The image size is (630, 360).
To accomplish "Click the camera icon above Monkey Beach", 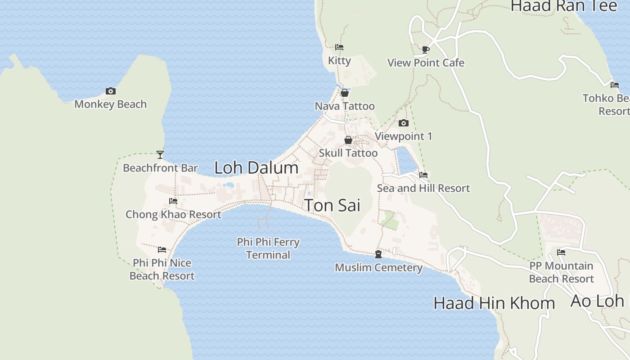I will [110, 91].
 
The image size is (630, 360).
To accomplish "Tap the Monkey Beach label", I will [110, 104].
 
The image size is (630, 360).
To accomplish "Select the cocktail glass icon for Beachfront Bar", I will [160, 155].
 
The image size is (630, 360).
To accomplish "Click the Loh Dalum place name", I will [256, 168].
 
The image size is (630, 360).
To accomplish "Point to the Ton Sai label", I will [333, 205].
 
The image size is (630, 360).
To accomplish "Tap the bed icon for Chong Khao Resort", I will [173, 201].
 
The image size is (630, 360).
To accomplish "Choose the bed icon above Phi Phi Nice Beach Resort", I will [162, 250].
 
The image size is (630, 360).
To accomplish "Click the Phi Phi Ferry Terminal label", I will [268, 248].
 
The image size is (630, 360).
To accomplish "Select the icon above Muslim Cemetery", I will [378, 255].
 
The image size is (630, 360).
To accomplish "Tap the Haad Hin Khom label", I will [494, 303].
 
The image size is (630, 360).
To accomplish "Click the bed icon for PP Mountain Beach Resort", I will [561, 252].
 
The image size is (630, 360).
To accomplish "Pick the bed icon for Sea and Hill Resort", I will [423, 175].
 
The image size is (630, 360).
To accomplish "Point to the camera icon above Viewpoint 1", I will [403, 123].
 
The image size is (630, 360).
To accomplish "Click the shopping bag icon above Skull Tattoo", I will [348, 140].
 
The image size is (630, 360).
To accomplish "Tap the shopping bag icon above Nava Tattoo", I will [345, 93].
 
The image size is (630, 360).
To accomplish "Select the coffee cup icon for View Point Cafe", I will [425, 49].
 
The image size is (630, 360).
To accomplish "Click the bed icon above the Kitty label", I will [339, 47].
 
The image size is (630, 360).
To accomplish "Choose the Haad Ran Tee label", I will [563, 6].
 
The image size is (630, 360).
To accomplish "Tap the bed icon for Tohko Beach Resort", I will [614, 85].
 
